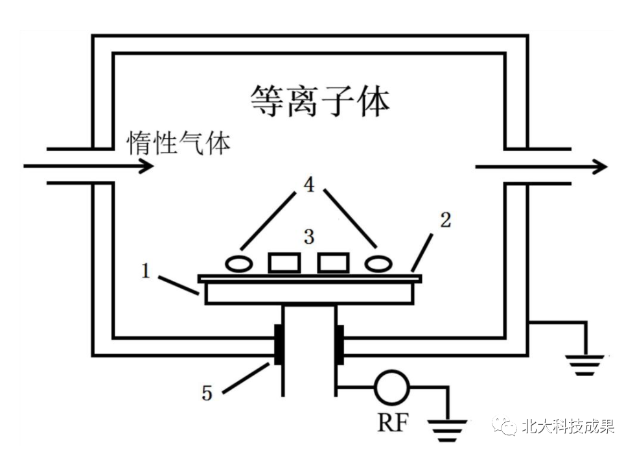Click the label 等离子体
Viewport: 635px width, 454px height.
(320, 102)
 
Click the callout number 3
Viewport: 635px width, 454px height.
(309, 237)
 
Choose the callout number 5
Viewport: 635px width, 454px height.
(207, 393)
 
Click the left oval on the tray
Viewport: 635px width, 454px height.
(239, 263)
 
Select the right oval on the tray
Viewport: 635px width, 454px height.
(378, 263)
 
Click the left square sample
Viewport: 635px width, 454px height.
(284, 263)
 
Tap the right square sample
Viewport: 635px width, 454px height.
(333, 263)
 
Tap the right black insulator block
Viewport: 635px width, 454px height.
(339, 343)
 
